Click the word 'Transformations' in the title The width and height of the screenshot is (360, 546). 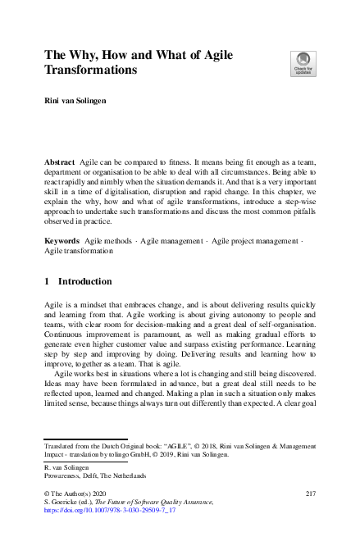[x=91, y=71]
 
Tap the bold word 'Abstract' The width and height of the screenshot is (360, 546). [x=60, y=163]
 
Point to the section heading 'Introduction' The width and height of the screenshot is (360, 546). [x=85, y=281]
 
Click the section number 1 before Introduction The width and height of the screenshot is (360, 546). [x=47, y=281]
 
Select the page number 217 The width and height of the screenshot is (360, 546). [x=310, y=493]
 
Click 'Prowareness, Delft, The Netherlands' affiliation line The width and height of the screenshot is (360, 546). [x=96, y=475]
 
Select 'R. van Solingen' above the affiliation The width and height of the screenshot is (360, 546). [x=66, y=466]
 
